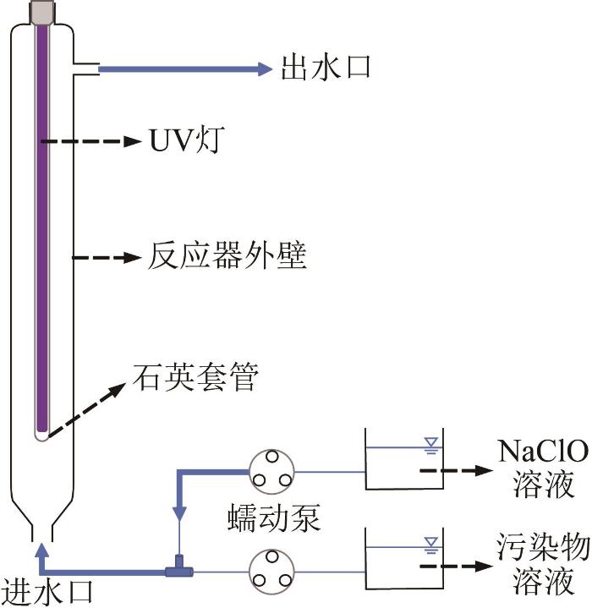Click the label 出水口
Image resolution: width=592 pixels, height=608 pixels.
coord(326,68)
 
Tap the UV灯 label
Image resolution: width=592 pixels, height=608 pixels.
coord(187,140)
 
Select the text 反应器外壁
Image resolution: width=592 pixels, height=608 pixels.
coord(227,255)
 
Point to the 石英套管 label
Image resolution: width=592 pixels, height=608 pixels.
coord(195,377)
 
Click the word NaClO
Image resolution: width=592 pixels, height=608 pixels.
coord(543,451)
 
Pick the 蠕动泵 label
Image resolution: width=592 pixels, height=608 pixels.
coord(274,518)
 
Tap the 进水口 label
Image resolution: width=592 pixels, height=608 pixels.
coord(47,592)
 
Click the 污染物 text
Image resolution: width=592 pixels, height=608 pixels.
coord(544,547)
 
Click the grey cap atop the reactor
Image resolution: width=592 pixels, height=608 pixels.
coord(42,12)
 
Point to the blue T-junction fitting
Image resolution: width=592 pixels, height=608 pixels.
coord(179,569)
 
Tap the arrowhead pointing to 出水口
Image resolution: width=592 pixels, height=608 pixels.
coord(266,69)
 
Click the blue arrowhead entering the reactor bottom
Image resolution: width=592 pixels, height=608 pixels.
coord(42,550)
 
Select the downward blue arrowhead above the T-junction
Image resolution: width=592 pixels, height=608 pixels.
coord(179,513)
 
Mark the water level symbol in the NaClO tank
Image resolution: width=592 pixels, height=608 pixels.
coord(431,446)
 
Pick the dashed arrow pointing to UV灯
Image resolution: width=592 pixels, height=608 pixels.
coord(91,141)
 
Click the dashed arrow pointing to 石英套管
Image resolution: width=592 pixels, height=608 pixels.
coord(87,410)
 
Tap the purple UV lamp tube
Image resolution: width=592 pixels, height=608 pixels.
coord(42,229)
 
